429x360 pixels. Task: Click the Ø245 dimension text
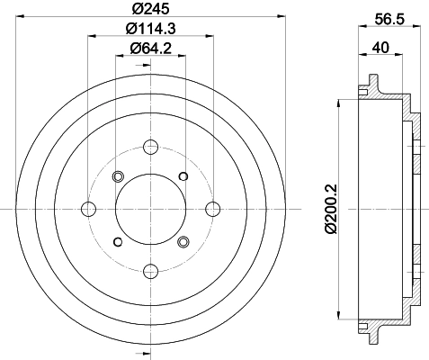coord(150,8)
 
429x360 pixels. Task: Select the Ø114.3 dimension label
coord(150,28)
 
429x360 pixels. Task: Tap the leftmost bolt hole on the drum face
coord(88,209)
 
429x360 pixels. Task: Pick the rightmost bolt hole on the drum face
coord(213,209)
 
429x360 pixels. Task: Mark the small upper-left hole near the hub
coord(117,176)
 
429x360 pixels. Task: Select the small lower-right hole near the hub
coord(183,241)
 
